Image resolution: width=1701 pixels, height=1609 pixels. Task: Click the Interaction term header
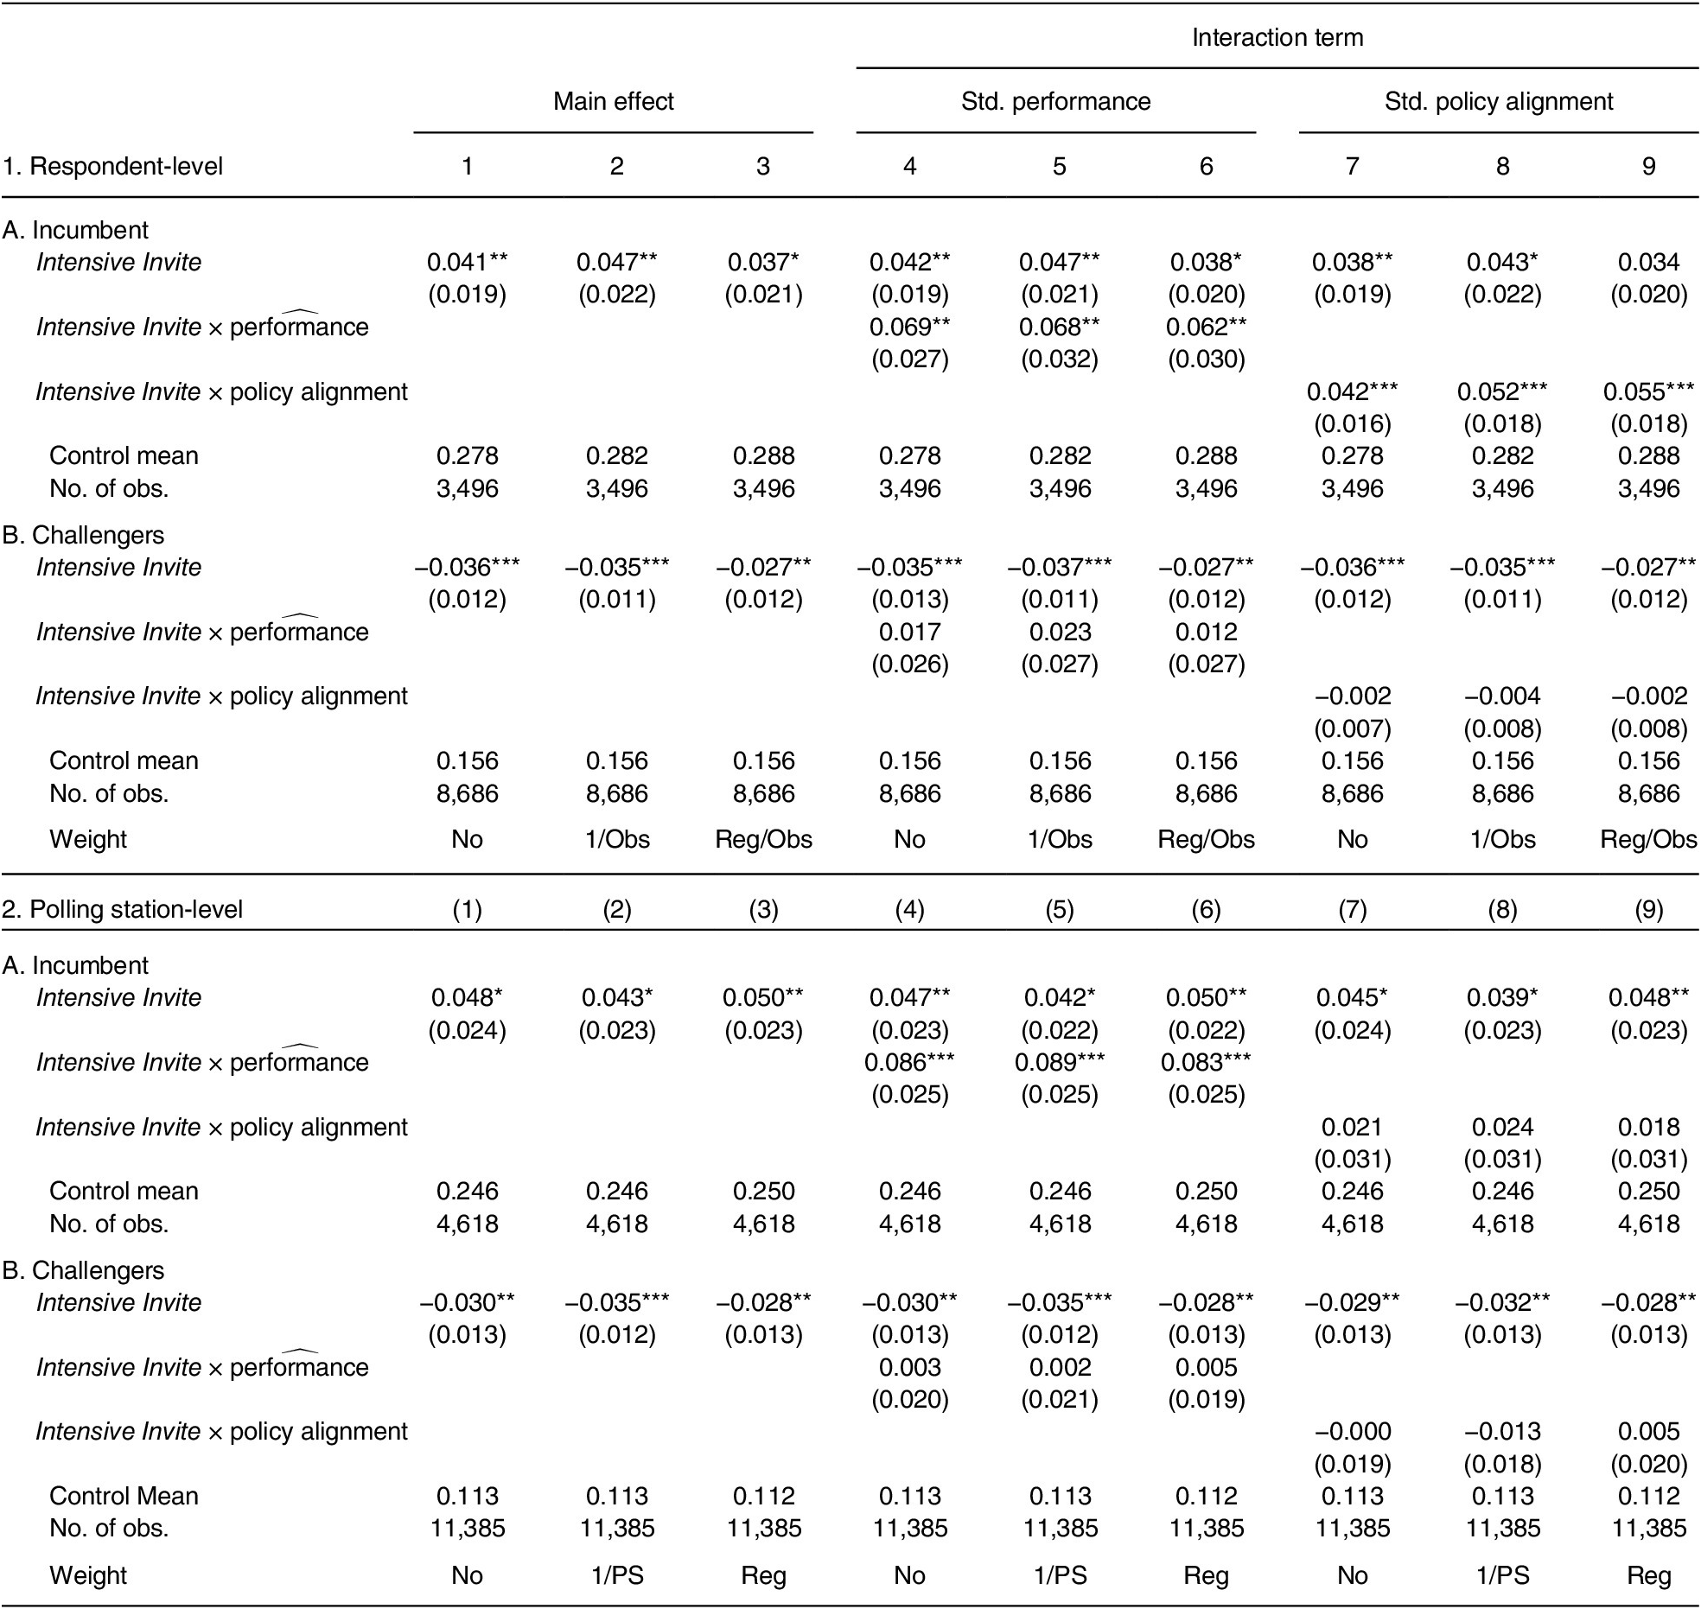tap(1277, 38)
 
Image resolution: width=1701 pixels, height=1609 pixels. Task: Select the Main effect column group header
tap(613, 101)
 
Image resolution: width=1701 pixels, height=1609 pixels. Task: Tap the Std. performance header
tap(1055, 101)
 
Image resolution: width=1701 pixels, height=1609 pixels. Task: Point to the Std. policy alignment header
tap(1498, 101)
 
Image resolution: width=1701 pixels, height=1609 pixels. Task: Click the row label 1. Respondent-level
tap(112, 166)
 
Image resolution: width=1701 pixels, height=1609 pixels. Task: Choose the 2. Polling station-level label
tap(122, 909)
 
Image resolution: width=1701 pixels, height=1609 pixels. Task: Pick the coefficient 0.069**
tap(909, 328)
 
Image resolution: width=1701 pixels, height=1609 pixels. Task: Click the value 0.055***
tap(1648, 392)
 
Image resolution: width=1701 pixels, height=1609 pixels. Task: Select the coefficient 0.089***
tap(1060, 1063)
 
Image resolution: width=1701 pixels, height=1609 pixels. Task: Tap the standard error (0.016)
tap(1352, 424)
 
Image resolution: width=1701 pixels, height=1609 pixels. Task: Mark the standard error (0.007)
tap(1352, 729)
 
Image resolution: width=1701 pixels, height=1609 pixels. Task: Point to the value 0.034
tap(1648, 263)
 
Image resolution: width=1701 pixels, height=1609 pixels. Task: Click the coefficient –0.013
tap(1502, 1432)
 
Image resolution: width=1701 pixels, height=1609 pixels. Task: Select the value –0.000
tap(1352, 1432)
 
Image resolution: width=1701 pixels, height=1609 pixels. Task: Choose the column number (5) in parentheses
tap(1060, 909)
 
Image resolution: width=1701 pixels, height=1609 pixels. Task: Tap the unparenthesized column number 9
tap(1648, 166)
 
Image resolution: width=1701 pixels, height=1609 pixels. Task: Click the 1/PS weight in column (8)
tap(1502, 1575)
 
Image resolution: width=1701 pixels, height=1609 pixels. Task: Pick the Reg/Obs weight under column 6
tap(1206, 839)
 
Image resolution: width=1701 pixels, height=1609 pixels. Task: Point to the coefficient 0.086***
tap(909, 1063)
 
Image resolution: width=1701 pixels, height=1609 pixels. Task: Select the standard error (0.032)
tap(1060, 359)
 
